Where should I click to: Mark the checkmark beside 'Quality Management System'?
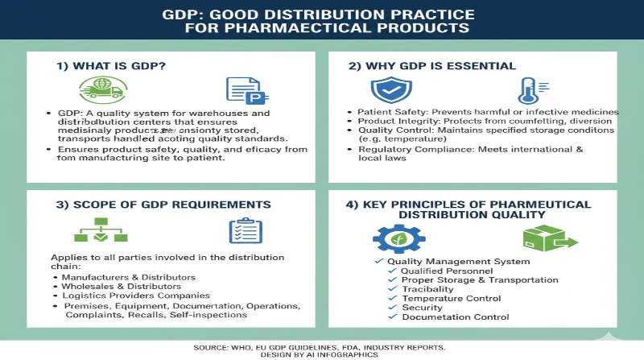click(379, 262)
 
